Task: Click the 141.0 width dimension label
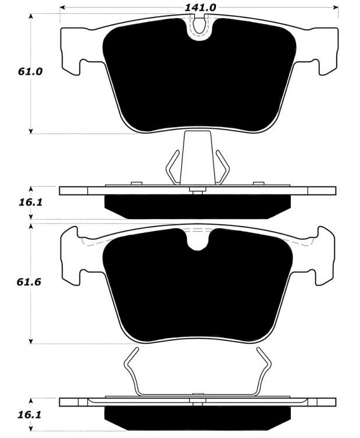click(200, 8)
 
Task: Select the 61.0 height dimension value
click(30, 71)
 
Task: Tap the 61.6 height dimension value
click(29, 282)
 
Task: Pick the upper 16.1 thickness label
click(30, 202)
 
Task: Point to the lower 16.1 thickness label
click(30, 415)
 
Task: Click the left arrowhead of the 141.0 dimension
click(63, 8)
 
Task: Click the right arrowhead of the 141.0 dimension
click(336, 8)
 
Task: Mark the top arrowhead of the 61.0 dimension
click(31, 16)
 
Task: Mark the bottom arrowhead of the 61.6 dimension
click(31, 341)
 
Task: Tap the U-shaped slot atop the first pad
click(199, 27)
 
